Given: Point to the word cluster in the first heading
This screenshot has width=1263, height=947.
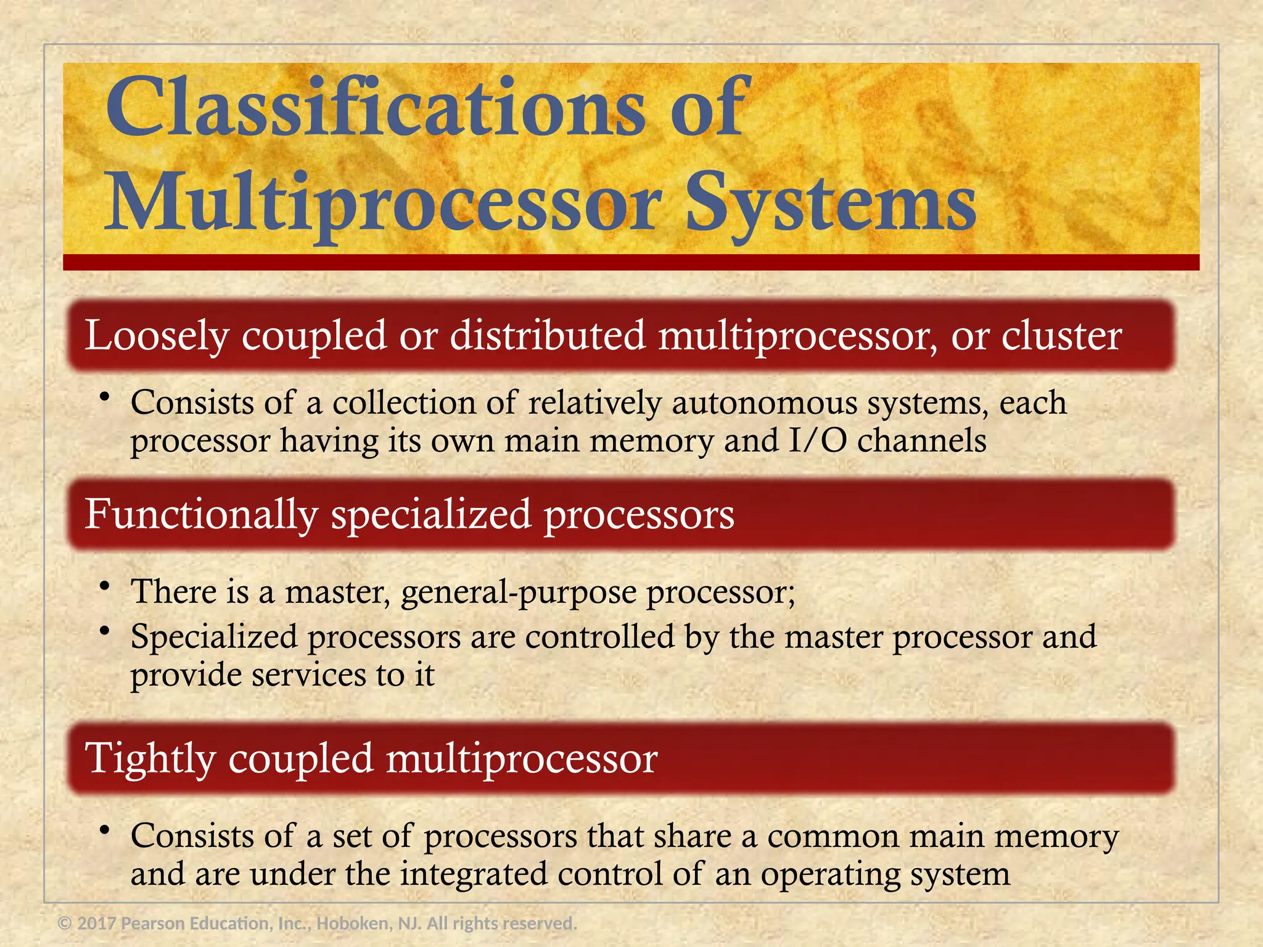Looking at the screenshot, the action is pos(1061,336).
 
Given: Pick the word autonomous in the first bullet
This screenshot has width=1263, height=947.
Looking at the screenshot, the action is pos(765,403).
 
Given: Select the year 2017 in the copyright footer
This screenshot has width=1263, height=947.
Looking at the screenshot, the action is pos(97,924).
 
